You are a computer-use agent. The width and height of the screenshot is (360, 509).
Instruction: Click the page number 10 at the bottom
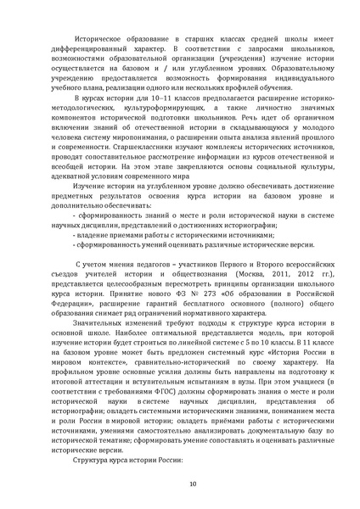point(181,484)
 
